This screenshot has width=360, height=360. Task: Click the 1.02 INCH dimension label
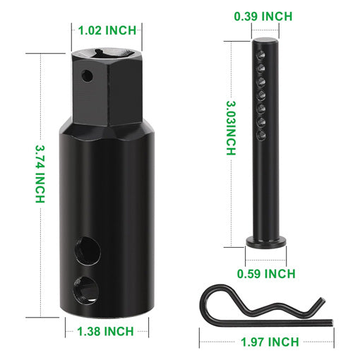pyautogui.click(x=107, y=30)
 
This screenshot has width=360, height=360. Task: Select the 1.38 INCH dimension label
pyautogui.click(x=107, y=331)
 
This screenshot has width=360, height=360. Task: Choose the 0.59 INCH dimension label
pyautogui.click(x=267, y=273)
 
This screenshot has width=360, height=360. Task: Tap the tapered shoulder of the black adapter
pyautogui.click(x=107, y=131)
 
